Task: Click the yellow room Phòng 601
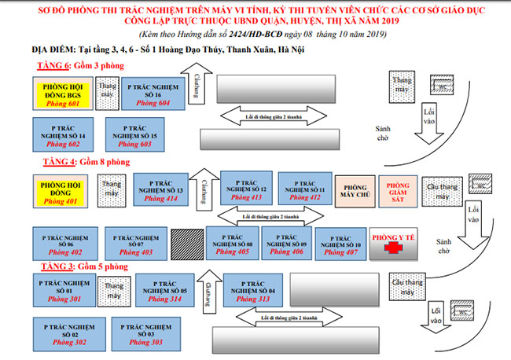[x=63, y=94]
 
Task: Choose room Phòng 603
[x=137, y=135]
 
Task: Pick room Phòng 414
[x=161, y=191]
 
